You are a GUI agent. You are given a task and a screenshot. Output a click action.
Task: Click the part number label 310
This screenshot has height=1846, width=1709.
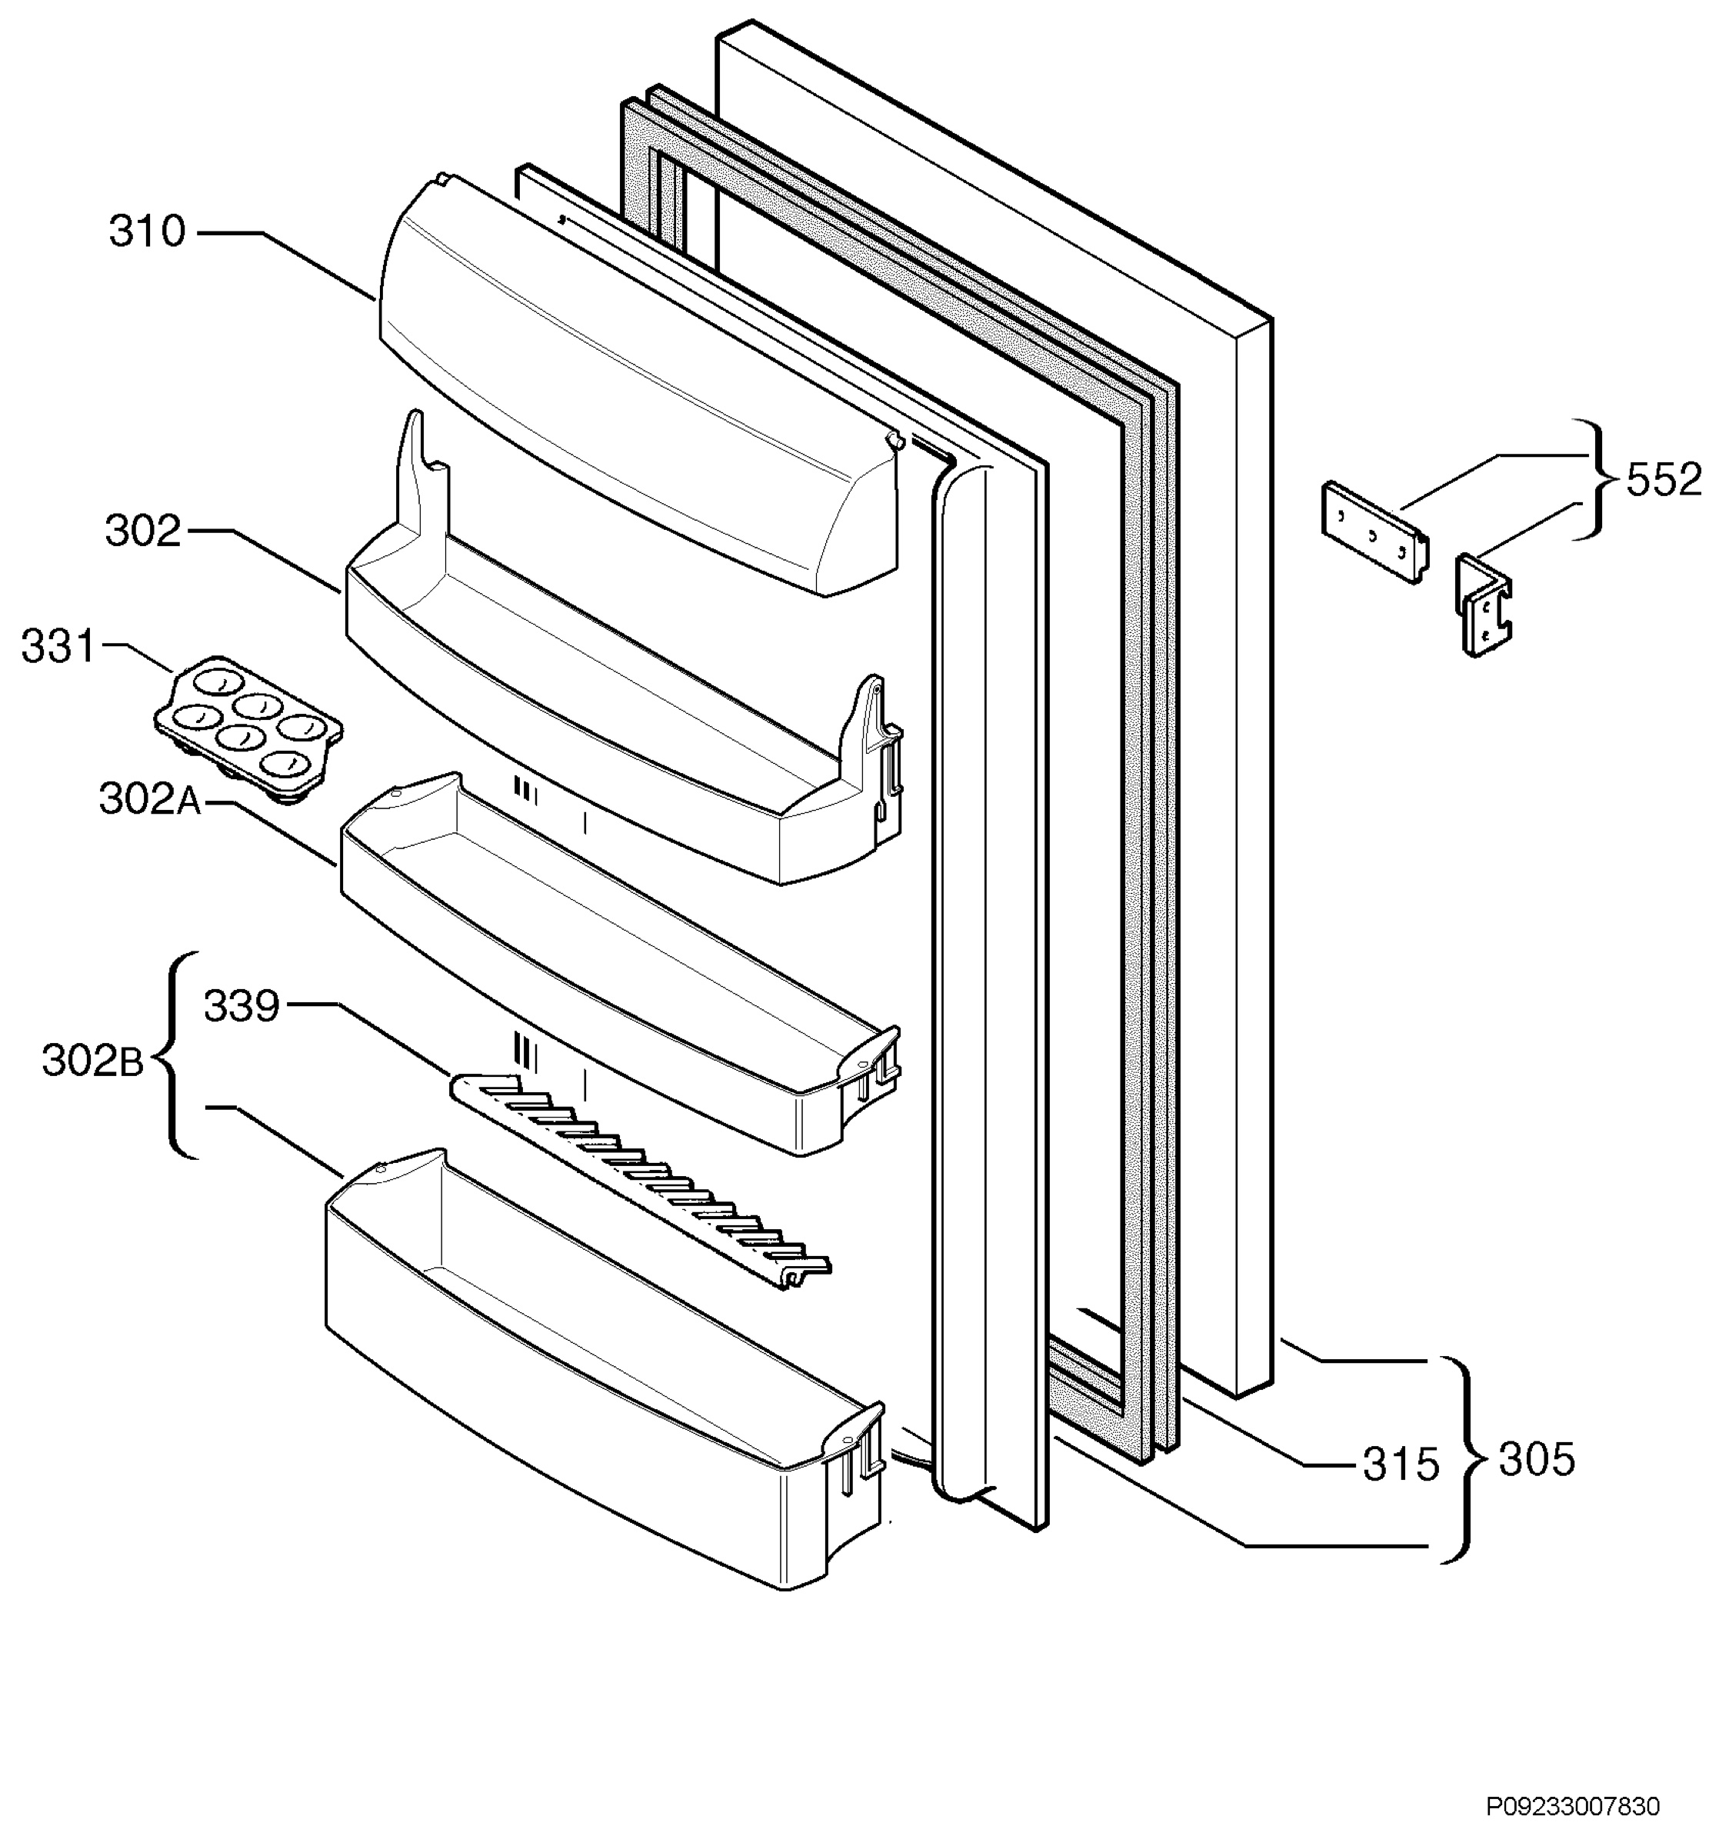pos(147,232)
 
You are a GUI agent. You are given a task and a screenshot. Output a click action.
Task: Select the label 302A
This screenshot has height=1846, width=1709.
pos(150,799)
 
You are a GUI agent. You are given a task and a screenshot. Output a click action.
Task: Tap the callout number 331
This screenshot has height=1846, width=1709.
pos(59,648)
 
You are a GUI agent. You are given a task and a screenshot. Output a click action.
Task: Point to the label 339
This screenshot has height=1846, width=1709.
pos(242,1006)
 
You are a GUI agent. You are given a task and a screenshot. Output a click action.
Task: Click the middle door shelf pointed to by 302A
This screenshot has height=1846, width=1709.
pos(621,963)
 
